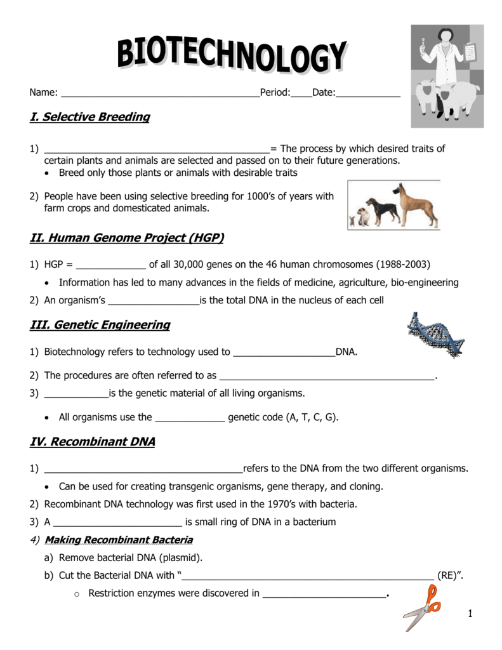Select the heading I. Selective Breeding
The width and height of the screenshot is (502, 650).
(90, 117)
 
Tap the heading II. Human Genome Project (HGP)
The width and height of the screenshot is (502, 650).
(127, 238)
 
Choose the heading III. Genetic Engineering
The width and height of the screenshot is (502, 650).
(100, 325)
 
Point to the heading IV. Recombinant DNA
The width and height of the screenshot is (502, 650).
(93, 442)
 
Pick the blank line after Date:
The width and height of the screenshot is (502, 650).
(368, 93)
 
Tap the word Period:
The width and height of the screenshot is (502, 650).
(275, 93)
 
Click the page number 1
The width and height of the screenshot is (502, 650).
(470, 613)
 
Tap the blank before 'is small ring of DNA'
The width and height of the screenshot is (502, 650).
(118, 522)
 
